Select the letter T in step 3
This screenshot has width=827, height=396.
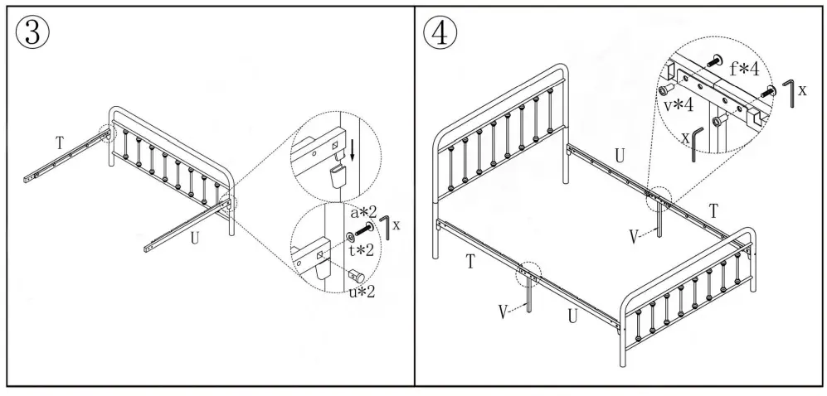point(60,143)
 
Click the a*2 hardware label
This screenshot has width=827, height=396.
point(362,214)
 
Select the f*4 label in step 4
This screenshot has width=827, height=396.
point(745,70)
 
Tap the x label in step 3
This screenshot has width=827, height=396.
point(398,225)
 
